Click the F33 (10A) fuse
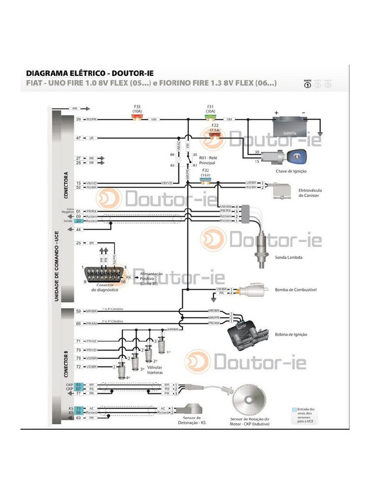(x=137, y=118)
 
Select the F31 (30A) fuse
(x=210, y=118)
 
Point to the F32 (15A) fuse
(x=205, y=182)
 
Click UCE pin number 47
(x=78, y=138)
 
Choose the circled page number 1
(x=307, y=86)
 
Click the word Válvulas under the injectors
(x=155, y=367)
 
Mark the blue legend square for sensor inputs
(x=295, y=409)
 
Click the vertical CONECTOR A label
(x=66, y=185)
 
